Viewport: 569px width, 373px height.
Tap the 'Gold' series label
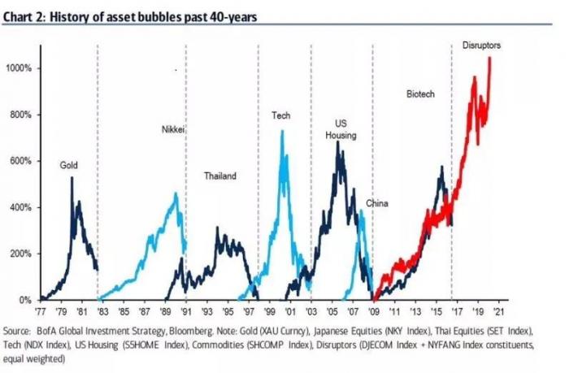69,164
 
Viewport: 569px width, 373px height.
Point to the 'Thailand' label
219,176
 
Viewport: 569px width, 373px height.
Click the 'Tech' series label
280,115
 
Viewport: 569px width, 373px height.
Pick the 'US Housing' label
341,129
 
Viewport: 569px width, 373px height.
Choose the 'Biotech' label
420,95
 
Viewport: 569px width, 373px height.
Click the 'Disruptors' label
481,46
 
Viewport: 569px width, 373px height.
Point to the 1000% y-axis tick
20,68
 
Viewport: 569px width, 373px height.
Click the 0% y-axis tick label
26,300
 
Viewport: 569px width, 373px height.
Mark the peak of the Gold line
72,177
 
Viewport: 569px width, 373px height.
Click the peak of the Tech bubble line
282,131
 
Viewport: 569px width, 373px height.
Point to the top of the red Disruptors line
489,58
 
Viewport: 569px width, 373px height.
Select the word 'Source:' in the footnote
21,331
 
